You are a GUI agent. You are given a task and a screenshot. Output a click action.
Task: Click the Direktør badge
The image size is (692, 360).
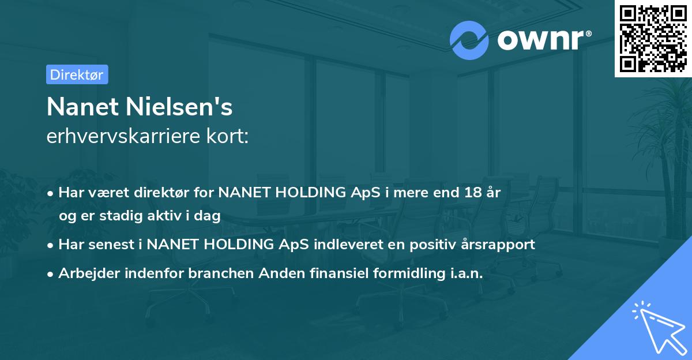[x=77, y=74]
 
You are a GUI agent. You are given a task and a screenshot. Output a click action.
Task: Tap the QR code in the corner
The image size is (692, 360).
[x=652, y=38]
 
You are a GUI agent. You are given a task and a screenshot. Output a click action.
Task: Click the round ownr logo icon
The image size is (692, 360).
[x=469, y=40]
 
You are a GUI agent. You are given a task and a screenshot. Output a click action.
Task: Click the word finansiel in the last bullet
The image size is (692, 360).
[x=324, y=273]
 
